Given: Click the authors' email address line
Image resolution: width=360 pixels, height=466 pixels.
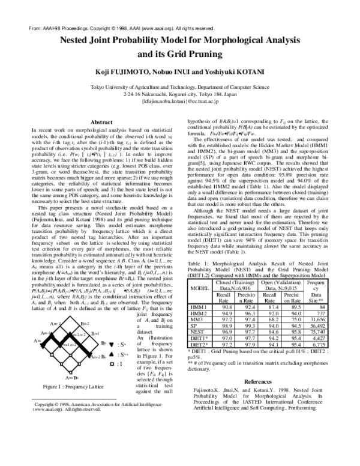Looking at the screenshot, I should (x=179, y=101).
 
